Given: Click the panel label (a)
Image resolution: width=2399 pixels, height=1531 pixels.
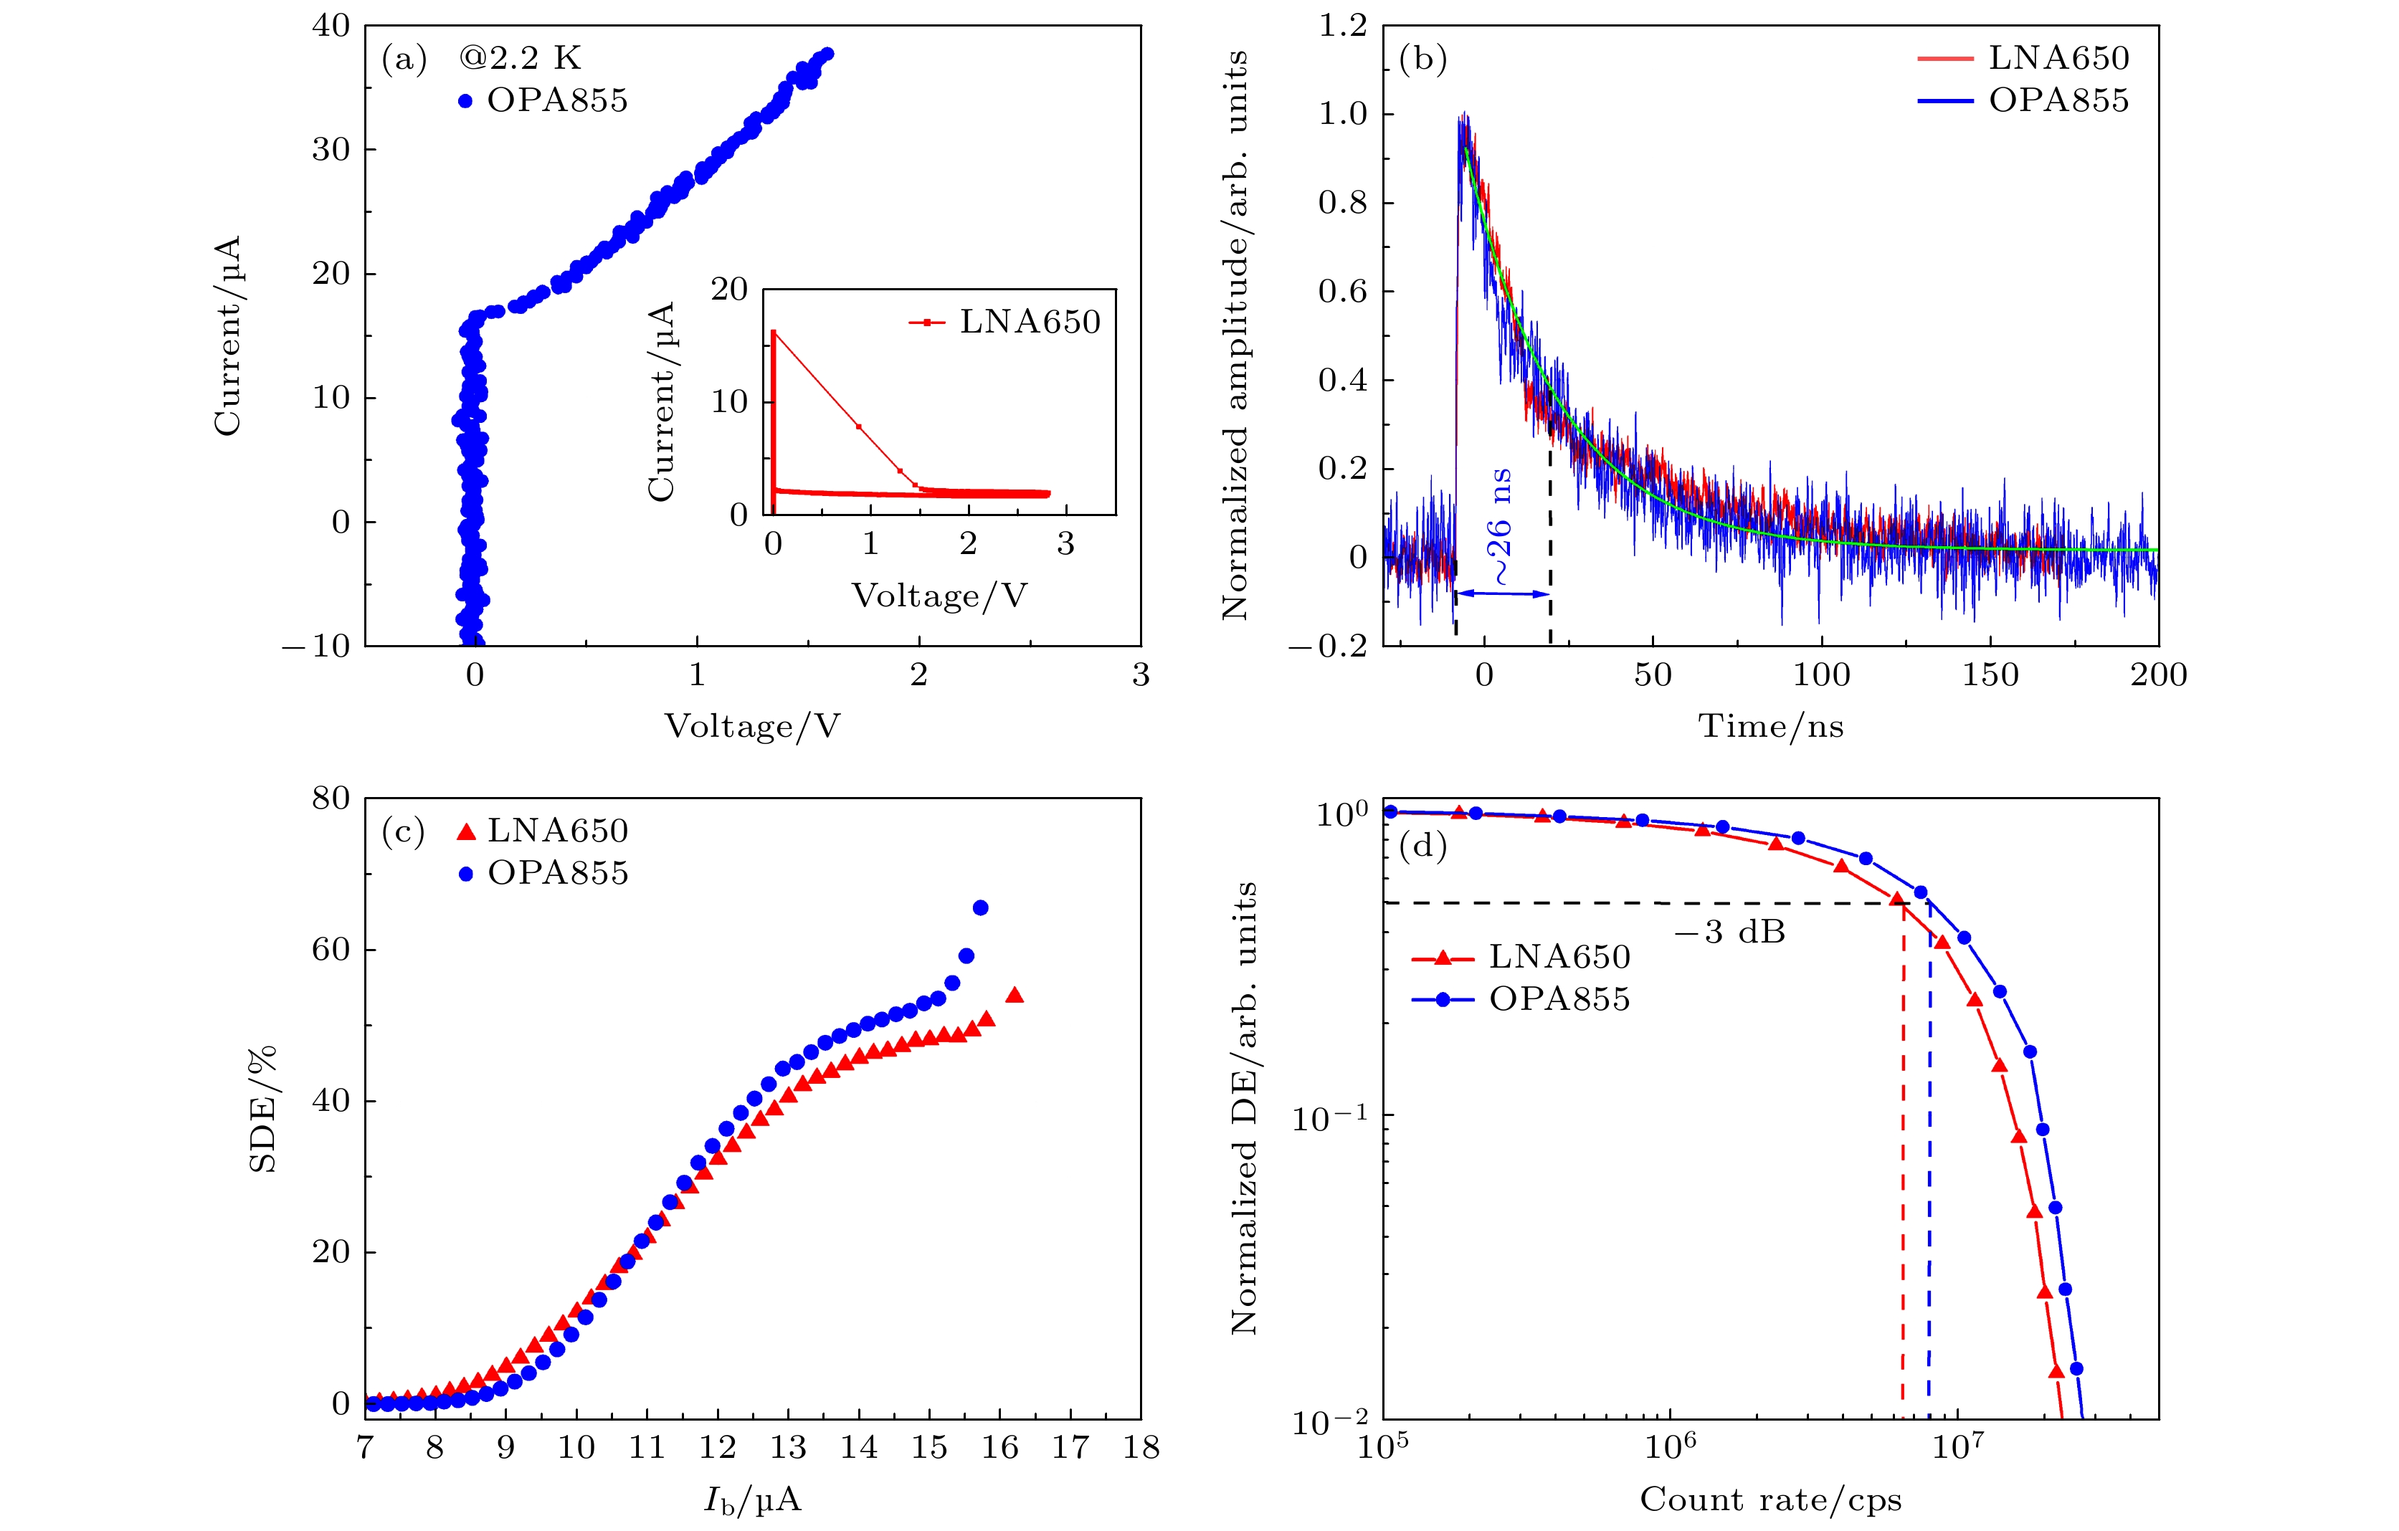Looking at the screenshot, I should [x=404, y=59].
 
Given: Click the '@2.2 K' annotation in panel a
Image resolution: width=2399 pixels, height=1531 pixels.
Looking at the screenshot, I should [x=519, y=58].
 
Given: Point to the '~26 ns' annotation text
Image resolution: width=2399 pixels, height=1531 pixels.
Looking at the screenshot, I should [x=1499, y=526].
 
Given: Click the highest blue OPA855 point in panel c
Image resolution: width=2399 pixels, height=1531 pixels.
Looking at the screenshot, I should [x=980, y=907].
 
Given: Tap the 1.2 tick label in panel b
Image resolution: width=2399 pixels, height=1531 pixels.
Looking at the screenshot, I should [x=1342, y=26].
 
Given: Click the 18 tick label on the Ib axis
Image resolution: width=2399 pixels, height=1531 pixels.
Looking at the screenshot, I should [x=1141, y=1447].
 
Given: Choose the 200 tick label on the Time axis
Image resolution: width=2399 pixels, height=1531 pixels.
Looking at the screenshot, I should [x=2158, y=675].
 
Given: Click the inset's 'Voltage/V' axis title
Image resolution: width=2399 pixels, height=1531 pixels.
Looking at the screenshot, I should [x=939, y=596].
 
